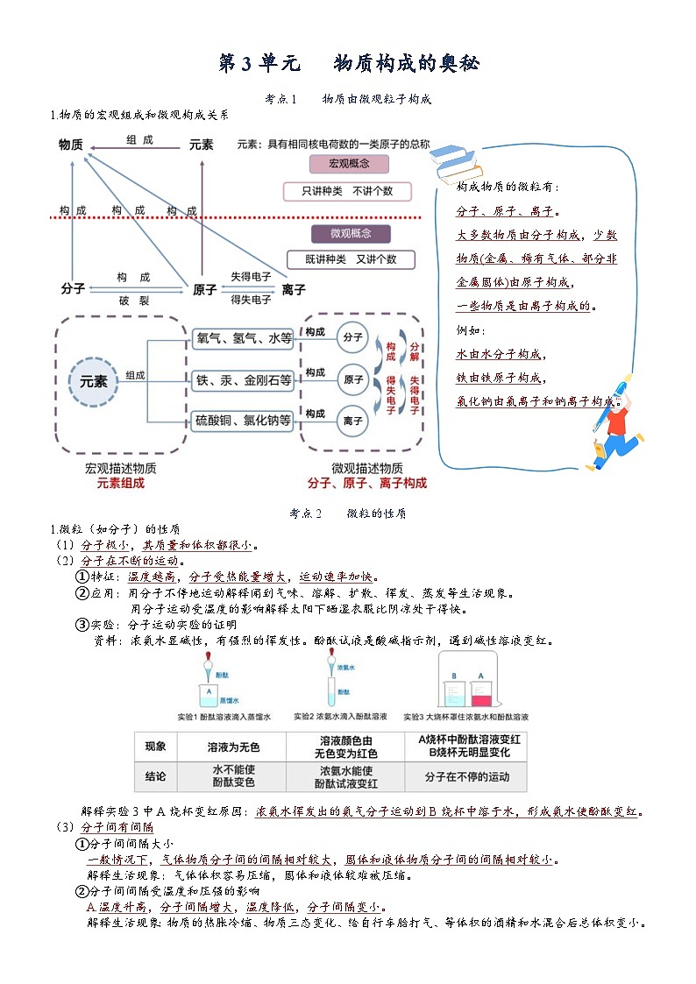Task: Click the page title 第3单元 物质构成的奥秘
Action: point(348,64)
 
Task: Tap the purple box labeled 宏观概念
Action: point(349,164)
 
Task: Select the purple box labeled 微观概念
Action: point(350,234)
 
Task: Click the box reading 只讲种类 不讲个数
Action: point(347,191)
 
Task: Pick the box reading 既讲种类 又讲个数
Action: point(351,259)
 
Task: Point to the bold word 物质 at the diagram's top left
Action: point(71,145)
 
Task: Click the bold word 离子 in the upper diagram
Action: point(294,289)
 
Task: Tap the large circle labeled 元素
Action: point(93,381)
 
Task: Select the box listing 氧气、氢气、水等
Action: point(243,338)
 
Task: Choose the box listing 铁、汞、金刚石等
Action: point(243,379)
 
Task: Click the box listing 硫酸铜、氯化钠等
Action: point(243,421)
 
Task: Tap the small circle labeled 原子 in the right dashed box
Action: point(353,379)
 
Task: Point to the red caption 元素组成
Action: point(120,483)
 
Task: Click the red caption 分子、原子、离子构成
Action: point(366,483)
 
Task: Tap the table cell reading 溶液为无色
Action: point(233,747)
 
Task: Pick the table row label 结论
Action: point(155,776)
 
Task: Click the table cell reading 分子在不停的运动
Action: point(465,776)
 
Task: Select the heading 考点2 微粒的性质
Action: point(348,513)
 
